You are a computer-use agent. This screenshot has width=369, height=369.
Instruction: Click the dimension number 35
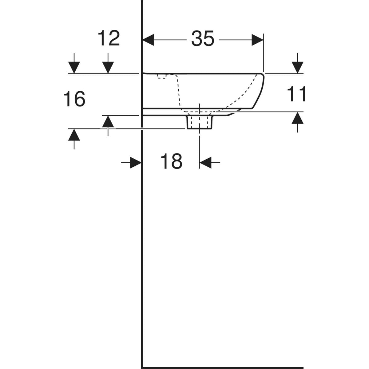pyautogui.click(x=203, y=39)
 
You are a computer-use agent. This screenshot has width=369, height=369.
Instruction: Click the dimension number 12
pyautogui.click(x=109, y=38)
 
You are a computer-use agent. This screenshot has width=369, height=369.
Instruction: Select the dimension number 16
pyautogui.click(x=74, y=99)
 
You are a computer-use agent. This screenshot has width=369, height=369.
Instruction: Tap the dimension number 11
pyautogui.click(x=296, y=94)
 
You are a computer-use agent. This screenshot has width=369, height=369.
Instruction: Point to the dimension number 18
pyautogui.click(x=172, y=161)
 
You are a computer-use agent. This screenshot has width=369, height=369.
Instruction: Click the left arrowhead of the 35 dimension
pyautogui.click(x=148, y=40)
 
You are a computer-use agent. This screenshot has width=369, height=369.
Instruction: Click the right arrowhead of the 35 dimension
pyautogui.click(x=258, y=40)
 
